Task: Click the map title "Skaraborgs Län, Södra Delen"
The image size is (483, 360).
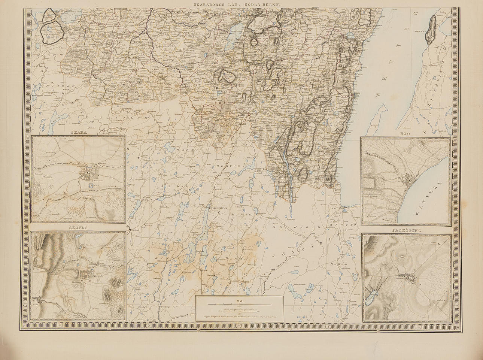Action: coord(241,3)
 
